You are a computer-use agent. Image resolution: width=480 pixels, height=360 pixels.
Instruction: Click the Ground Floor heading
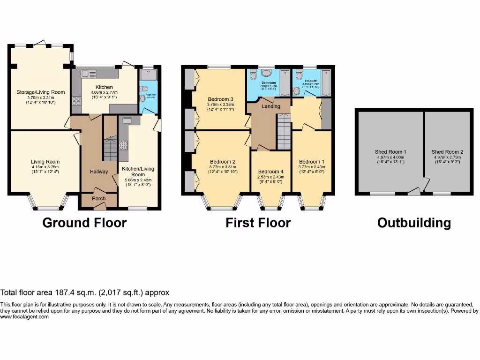pos(84,223)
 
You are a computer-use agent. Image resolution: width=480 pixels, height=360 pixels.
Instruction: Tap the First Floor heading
pos(258,223)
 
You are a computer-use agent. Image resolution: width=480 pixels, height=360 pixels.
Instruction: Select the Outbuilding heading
pos(414,223)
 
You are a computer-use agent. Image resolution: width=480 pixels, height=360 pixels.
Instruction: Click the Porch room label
pos(98,199)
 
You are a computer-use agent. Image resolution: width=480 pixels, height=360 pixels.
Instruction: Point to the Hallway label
pos(99,172)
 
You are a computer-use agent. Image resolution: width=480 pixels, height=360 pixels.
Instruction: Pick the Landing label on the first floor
pos(270,106)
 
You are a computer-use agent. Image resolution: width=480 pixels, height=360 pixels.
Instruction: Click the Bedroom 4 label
pos(270,172)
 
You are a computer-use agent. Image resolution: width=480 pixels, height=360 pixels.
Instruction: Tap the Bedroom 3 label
pos(221,99)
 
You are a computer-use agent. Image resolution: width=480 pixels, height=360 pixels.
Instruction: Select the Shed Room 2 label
pos(447,152)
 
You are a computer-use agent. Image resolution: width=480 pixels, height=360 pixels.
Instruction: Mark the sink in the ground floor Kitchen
pos(89,74)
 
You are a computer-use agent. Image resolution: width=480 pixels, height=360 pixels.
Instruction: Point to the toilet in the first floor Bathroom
pos(265,74)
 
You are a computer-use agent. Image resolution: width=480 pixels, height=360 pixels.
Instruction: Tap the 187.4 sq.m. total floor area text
pos(84,292)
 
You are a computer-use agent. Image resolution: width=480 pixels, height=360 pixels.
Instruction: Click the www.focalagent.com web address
pos(24,317)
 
